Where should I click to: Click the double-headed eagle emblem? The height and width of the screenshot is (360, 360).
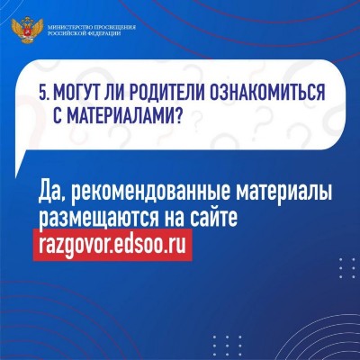pos(27,31)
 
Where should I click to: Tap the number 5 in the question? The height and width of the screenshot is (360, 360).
pos(43,93)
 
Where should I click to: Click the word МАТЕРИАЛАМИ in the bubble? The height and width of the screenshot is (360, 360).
pos(119,116)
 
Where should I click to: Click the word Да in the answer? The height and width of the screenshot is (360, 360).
pos(49,192)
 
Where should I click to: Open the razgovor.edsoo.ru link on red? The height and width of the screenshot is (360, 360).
pos(112,245)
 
